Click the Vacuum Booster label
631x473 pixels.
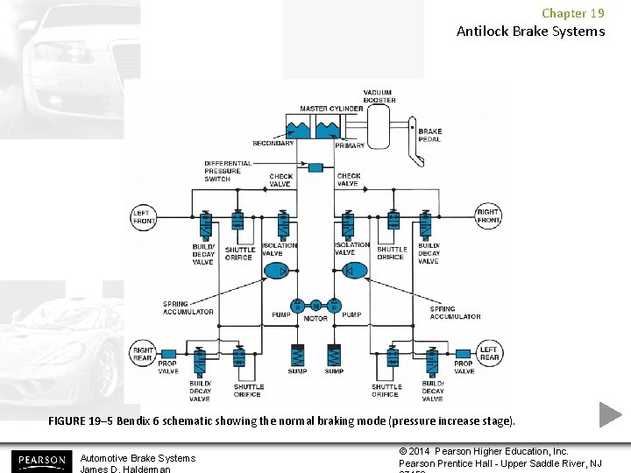point(379,96)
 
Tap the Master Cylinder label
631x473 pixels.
point(326,109)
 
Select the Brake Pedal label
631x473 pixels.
point(429,135)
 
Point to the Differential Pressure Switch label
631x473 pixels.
point(228,171)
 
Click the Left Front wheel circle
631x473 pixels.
point(143,216)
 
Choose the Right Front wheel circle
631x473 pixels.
point(488,216)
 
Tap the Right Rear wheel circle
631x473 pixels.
point(143,355)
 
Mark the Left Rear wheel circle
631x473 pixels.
point(488,355)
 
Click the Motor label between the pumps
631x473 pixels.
point(315,319)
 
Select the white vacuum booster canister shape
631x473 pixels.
point(380,128)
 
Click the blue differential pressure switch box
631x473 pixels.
point(315,167)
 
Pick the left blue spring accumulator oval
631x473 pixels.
point(278,271)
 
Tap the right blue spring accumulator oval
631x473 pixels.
point(355,271)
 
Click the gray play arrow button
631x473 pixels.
point(610,414)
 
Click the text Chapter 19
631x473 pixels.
point(572,13)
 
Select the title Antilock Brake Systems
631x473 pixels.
point(530,32)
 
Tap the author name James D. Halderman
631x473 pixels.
point(124,469)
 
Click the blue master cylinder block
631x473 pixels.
point(315,128)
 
